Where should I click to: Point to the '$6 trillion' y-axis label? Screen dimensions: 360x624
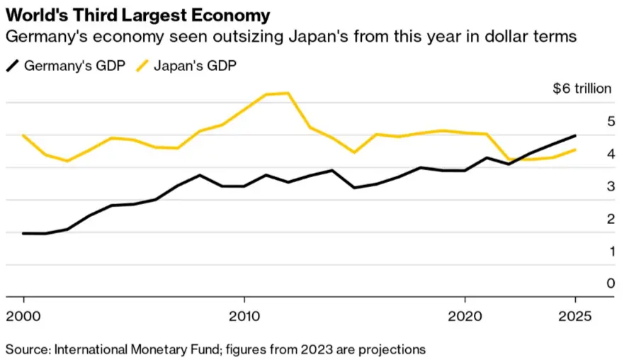581,89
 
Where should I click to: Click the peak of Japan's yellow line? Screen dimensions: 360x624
288,93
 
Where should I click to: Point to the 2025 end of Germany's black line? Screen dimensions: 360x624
575,135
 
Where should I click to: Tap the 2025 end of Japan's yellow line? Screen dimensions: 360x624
575,150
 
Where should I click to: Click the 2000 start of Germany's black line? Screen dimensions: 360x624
23,233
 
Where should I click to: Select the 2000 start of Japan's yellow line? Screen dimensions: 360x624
23,135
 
